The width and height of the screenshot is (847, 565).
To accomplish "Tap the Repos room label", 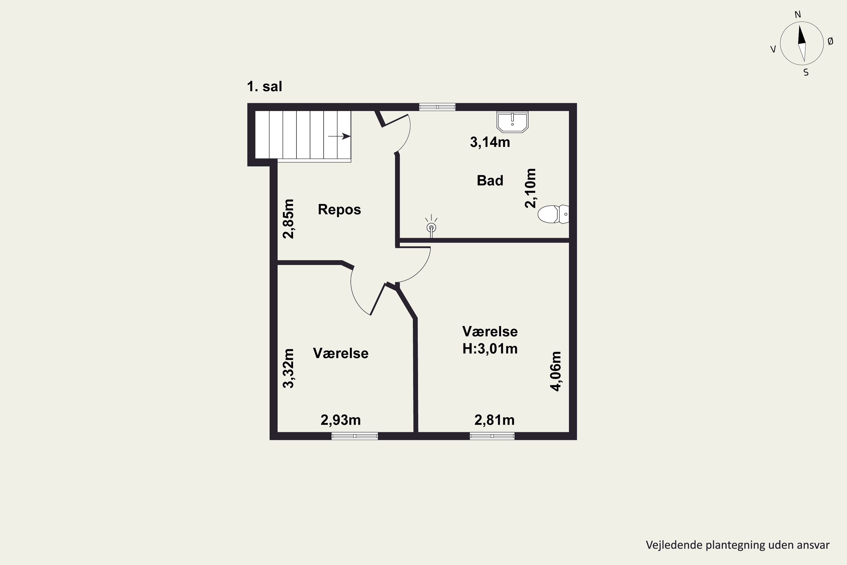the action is tap(339, 209).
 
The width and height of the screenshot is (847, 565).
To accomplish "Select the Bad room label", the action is tap(490, 180).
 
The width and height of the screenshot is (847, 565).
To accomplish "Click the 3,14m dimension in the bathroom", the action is tap(490, 142).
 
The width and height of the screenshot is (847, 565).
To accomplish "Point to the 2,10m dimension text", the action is tap(531, 188).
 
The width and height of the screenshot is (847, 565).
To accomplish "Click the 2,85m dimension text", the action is tap(289, 219).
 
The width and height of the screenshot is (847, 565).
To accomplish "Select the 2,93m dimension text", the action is tap(341, 420).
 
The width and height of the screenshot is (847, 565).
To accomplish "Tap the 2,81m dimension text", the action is tap(494, 420).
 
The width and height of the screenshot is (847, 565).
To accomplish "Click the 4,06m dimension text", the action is tap(556, 371).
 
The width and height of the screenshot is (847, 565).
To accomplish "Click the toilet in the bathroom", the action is tap(553, 214).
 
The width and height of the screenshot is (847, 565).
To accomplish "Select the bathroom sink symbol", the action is tap(512, 122).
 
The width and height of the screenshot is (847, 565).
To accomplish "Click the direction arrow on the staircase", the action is tap(339, 136).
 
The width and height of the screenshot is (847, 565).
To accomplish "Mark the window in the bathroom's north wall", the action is tap(437, 107).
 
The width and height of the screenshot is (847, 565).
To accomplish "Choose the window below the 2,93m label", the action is tap(355, 436).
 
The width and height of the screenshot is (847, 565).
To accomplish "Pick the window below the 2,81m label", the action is tap(492, 436).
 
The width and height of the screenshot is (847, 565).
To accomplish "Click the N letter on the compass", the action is tap(798, 14).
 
